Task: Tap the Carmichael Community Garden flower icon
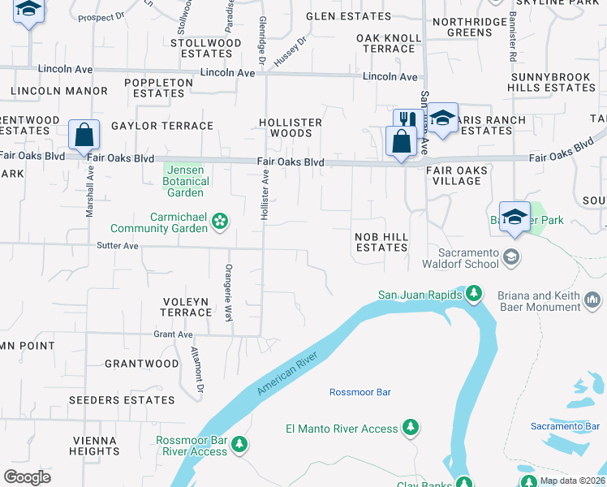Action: point(220,221)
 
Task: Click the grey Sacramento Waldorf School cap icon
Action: point(511,257)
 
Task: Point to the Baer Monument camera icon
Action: point(593,302)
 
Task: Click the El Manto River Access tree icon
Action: point(411,428)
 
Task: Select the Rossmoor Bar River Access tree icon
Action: point(239,445)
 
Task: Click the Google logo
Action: point(27,476)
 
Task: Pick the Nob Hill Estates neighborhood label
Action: point(381,242)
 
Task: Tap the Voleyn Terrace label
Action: point(185,307)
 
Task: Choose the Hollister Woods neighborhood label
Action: point(291,127)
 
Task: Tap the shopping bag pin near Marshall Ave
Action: point(84,135)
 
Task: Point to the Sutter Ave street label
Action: point(118,245)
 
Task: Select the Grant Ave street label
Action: point(173,334)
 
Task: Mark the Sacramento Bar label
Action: point(565,426)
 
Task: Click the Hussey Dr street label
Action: point(291,51)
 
